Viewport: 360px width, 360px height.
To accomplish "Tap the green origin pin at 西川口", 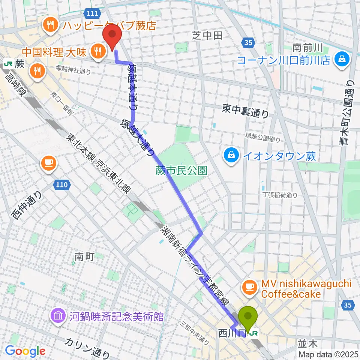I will (x=248, y=317).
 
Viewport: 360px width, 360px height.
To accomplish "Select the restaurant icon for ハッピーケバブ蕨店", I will (x=49, y=25).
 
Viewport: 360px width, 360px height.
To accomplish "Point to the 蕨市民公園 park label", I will (x=181, y=171).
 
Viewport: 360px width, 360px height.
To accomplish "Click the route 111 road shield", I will (x=92, y=14).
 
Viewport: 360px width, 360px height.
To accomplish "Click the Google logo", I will (x=25, y=351).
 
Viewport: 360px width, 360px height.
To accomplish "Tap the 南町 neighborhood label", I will (x=84, y=256).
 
